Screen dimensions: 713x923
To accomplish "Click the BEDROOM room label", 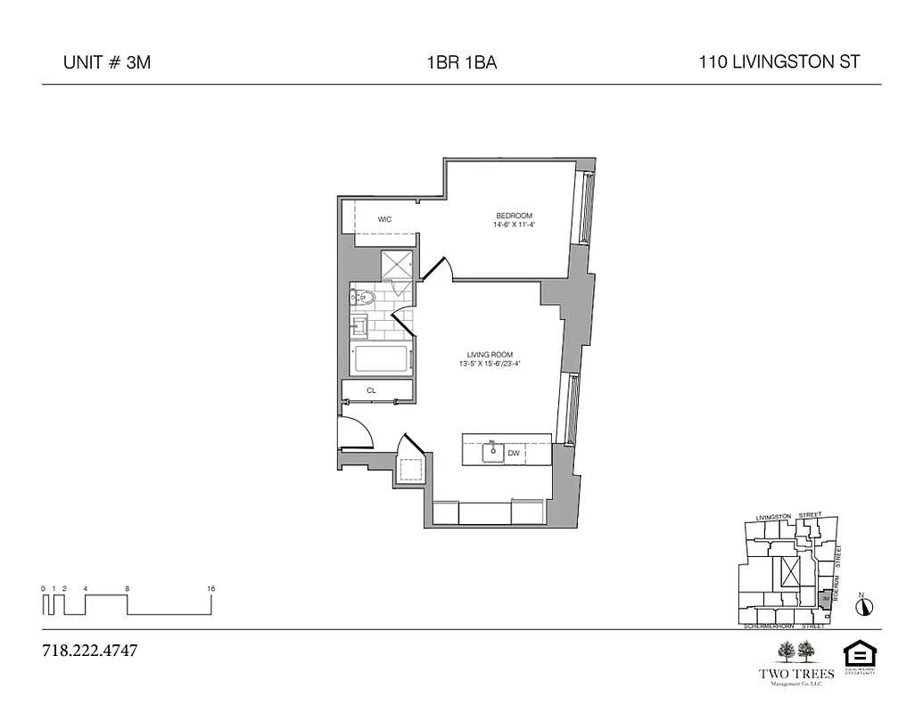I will (x=514, y=216).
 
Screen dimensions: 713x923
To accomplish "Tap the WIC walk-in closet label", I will (x=384, y=219).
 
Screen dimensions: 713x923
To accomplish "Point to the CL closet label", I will (x=370, y=390).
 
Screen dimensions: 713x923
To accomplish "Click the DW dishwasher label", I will (x=513, y=454).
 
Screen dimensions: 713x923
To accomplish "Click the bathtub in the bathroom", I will (x=383, y=360).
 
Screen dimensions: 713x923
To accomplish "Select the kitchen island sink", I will (x=492, y=452).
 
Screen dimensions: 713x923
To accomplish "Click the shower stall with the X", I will (x=397, y=266).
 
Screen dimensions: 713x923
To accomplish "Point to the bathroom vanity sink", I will (x=359, y=325).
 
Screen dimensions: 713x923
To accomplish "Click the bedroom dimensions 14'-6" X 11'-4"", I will (x=514, y=225).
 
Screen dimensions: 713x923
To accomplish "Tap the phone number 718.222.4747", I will (x=90, y=650).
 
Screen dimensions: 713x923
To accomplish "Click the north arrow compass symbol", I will (x=863, y=607).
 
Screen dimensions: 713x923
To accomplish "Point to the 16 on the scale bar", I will (x=210, y=588).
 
